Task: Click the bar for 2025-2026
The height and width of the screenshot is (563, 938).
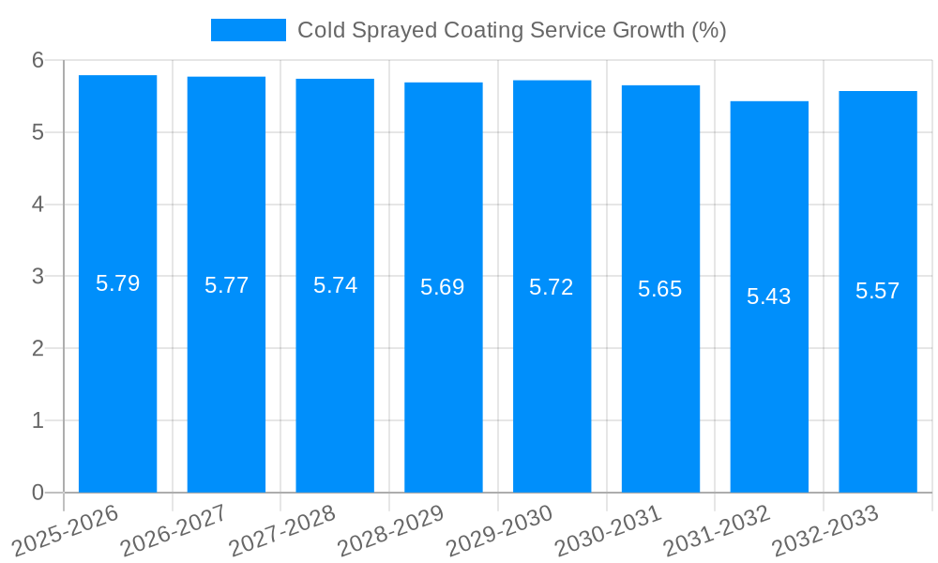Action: click(117, 375)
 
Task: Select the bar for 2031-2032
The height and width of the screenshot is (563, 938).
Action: click(769, 394)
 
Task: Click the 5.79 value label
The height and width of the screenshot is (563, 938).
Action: click(117, 283)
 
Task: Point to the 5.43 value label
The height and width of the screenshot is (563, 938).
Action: click(769, 297)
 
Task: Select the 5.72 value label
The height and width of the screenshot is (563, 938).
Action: click(552, 287)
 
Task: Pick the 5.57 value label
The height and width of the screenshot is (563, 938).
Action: click(878, 291)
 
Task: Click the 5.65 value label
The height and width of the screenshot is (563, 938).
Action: click(660, 289)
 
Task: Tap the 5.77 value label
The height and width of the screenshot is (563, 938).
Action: click(226, 285)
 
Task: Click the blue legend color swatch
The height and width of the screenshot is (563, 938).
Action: click(248, 30)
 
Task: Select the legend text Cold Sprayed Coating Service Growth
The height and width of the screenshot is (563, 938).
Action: click(511, 30)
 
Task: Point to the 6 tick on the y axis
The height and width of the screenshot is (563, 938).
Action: click(38, 60)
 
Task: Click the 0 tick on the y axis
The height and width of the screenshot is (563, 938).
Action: click(38, 493)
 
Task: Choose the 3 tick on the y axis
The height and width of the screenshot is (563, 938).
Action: click(38, 277)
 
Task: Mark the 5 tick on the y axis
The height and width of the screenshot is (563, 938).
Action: click(38, 132)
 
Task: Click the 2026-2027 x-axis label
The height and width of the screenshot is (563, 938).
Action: click(174, 530)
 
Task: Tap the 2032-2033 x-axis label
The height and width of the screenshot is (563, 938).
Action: click(825, 530)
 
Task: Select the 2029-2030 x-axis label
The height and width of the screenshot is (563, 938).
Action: click(499, 530)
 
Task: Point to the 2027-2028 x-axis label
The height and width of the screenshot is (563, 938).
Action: click(281, 530)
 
